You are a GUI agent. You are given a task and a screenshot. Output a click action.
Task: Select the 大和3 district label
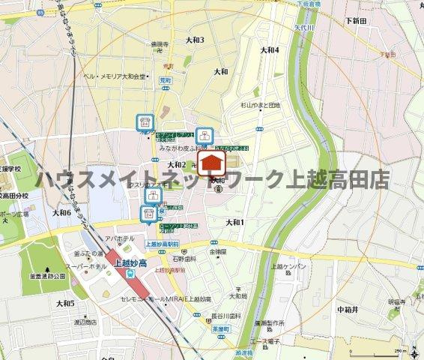(x=195, y=40)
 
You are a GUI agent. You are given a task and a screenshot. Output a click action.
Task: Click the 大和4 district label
(x=269, y=50)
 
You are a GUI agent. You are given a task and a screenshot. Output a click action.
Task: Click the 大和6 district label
(x=61, y=213)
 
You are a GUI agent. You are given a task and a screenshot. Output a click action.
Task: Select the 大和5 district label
(x=65, y=303)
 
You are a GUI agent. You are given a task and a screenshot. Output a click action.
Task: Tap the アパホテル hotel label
(x=119, y=238)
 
